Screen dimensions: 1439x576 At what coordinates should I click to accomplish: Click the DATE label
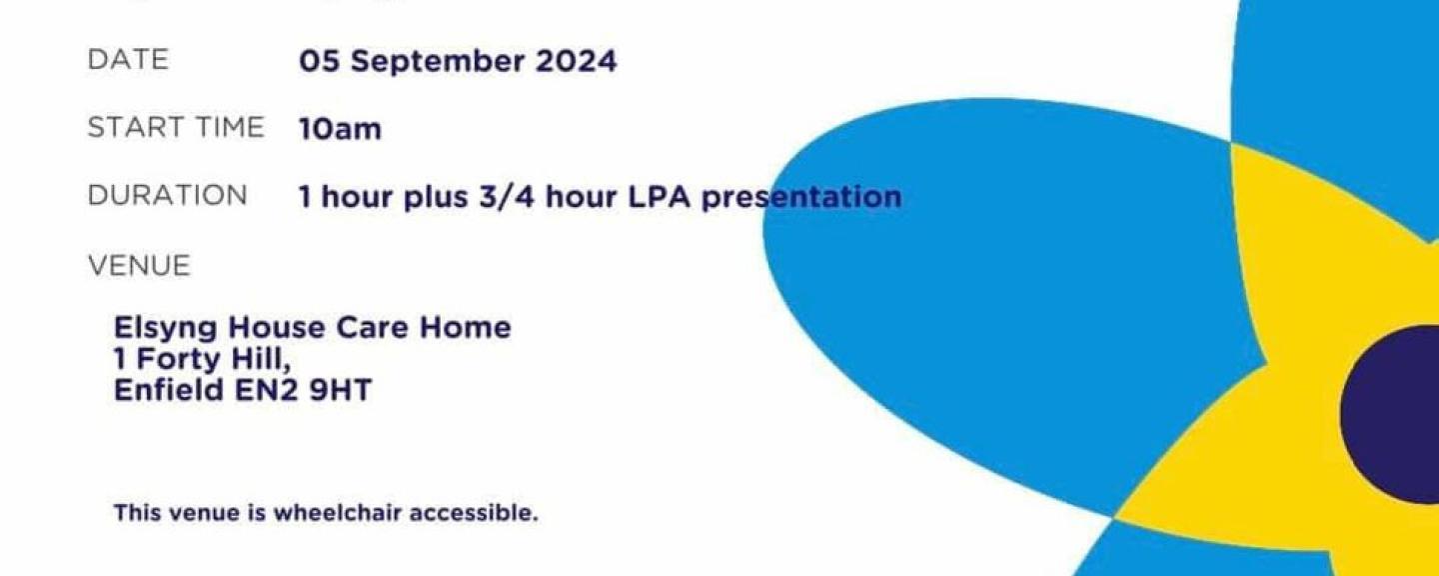(x=128, y=60)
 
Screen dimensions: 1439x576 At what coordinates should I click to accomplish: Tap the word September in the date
(x=438, y=62)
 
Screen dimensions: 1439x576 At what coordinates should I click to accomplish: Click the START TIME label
(x=176, y=127)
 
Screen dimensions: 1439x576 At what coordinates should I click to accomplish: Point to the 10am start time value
(x=340, y=129)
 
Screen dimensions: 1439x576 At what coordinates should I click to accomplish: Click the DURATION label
(x=167, y=195)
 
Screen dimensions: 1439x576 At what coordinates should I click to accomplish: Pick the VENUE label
(x=140, y=266)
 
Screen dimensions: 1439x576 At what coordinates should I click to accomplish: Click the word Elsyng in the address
(x=165, y=329)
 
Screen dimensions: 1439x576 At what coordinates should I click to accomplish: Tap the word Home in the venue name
(x=465, y=327)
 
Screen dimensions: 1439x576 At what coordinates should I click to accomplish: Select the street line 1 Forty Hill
(x=202, y=360)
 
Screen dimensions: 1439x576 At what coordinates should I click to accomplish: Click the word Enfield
(x=168, y=390)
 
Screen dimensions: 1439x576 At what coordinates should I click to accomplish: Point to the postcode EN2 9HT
(x=303, y=390)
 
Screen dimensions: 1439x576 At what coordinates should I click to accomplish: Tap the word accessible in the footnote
(x=474, y=513)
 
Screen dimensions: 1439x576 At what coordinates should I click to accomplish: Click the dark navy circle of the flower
(x=1390, y=415)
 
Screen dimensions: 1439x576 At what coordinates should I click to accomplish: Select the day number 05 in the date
(x=320, y=61)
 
